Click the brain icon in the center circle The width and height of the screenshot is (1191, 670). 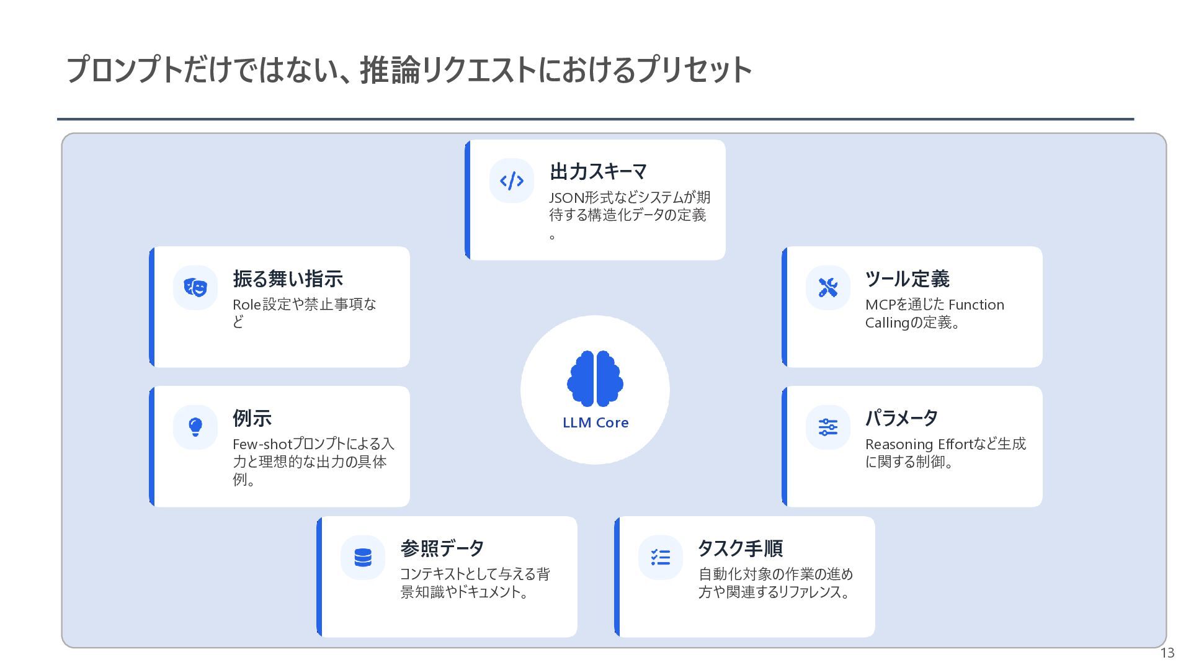595,378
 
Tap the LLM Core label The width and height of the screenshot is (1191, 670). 595,422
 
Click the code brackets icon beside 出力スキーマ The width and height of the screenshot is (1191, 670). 512,181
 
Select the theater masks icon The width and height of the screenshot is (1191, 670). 195,287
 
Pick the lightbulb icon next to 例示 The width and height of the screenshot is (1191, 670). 195,427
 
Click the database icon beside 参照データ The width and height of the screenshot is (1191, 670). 363,557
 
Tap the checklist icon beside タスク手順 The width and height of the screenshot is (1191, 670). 661,557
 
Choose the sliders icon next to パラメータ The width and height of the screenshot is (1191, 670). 828,427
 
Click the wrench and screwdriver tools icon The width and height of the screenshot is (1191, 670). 828,287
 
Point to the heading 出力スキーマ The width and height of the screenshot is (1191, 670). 598,171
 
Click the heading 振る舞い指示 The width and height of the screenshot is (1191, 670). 288,279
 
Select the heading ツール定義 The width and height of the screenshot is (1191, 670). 907,279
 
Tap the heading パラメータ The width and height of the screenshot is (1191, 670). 901,418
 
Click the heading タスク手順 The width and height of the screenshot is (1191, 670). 740,548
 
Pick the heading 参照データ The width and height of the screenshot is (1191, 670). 442,548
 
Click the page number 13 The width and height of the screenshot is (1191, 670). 1167,653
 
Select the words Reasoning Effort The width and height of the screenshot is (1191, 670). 919,444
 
